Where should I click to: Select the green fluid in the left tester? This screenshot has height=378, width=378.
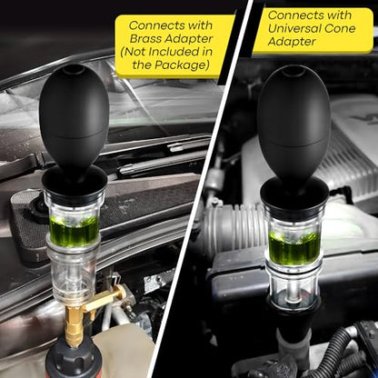pyautogui.click(x=74, y=230)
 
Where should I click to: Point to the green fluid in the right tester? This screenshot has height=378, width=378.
pyautogui.click(x=293, y=247)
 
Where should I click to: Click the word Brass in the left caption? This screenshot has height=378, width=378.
pyautogui.click(x=146, y=39)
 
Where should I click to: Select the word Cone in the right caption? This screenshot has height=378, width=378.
pyautogui.click(x=340, y=28)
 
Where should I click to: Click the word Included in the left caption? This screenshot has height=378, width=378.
pyautogui.click(x=171, y=52)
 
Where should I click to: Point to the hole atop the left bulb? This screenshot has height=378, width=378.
pyautogui.click(x=75, y=70)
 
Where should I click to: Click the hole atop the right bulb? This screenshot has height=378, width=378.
pyautogui.click(x=293, y=72)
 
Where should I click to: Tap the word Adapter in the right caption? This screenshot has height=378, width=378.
pyautogui.click(x=292, y=42)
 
